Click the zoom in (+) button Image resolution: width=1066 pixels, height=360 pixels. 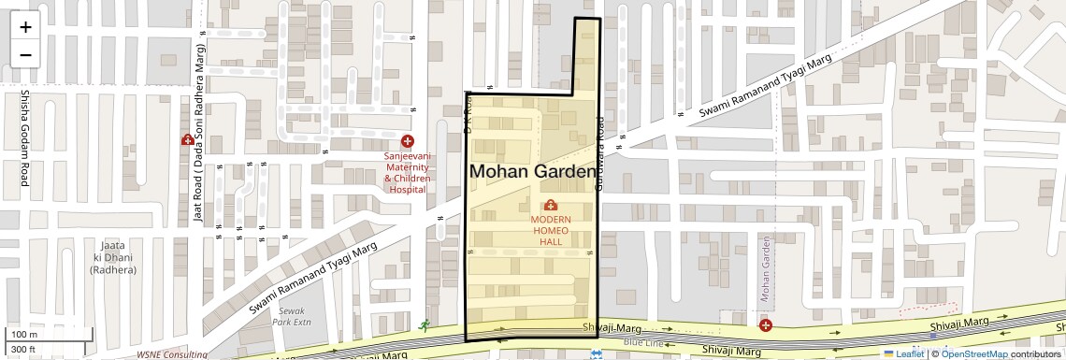(x=25, y=26)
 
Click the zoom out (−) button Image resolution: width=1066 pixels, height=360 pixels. (x=25, y=54)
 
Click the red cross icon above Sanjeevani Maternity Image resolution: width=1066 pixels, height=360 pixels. (x=408, y=140)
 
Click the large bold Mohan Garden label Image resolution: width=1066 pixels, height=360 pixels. (x=532, y=172)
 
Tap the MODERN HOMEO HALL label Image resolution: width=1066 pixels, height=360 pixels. (x=551, y=230)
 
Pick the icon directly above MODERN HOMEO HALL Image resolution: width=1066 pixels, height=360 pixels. (x=550, y=205)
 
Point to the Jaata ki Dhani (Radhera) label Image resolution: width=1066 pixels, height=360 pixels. (x=113, y=257)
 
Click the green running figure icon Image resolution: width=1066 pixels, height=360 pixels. (x=425, y=325)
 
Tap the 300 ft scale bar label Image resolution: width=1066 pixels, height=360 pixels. (x=22, y=350)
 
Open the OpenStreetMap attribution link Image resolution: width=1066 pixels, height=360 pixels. (x=974, y=354)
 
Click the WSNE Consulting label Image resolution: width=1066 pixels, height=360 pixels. (x=172, y=355)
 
